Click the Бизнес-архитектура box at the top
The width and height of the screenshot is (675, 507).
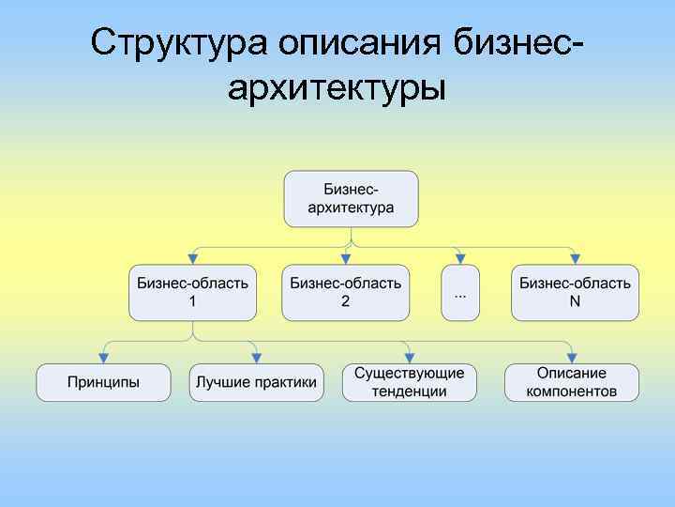point(352,198)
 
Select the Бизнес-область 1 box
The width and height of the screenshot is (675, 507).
point(193,292)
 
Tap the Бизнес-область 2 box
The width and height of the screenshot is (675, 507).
point(346,292)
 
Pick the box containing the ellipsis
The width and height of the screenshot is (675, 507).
point(460,292)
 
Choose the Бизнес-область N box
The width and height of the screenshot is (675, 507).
point(575,292)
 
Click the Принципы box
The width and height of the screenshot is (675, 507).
point(104,382)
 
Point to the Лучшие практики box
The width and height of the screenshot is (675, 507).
point(257,382)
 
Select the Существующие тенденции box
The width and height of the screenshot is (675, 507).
point(410,382)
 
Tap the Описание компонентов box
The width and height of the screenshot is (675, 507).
point(572,382)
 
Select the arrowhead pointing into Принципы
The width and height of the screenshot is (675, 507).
point(104,358)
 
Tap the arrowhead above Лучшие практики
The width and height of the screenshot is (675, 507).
point(257,358)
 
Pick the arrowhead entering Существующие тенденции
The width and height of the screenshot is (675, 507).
point(410,358)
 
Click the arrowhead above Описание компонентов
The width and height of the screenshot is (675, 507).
point(572,358)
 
